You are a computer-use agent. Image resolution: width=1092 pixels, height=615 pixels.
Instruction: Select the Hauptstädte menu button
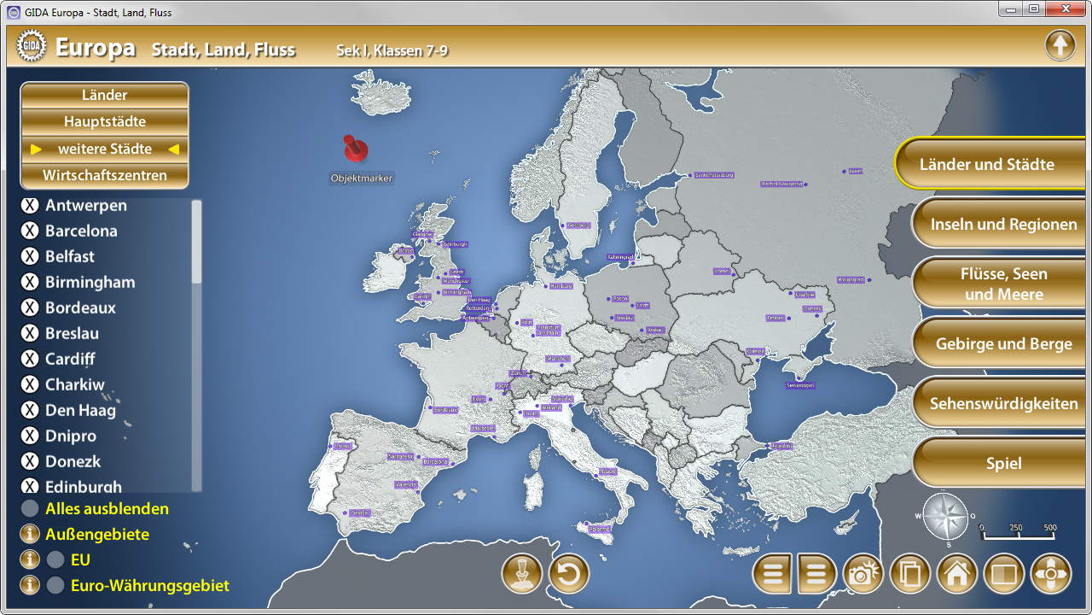point(104,121)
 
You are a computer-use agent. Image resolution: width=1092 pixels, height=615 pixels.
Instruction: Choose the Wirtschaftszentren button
point(104,175)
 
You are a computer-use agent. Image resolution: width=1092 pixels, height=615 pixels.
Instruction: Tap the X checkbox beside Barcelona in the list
point(30,231)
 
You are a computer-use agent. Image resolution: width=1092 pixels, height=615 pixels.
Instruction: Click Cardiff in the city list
point(70,359)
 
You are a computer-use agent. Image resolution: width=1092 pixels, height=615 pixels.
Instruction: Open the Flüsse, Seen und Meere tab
point(1003,284)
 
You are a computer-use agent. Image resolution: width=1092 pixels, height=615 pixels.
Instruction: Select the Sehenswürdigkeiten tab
point(1003,403)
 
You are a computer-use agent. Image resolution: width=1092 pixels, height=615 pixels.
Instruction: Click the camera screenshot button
point(863,574)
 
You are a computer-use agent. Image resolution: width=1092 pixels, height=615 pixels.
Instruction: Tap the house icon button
point(956,574)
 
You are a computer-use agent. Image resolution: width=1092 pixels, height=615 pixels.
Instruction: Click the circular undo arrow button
point(569,574)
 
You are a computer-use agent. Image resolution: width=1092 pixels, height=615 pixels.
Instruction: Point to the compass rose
point(945,517)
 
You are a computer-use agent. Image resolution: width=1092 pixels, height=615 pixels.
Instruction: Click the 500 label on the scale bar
point(1050,528)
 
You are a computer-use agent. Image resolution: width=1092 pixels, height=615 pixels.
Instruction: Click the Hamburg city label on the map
point(561,286)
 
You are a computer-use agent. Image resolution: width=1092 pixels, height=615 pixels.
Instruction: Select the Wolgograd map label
point(851,279)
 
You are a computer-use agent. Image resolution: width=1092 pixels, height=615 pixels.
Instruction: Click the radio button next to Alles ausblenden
point(30,508)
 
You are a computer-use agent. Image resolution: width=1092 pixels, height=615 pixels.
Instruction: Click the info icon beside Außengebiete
point(30,534)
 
